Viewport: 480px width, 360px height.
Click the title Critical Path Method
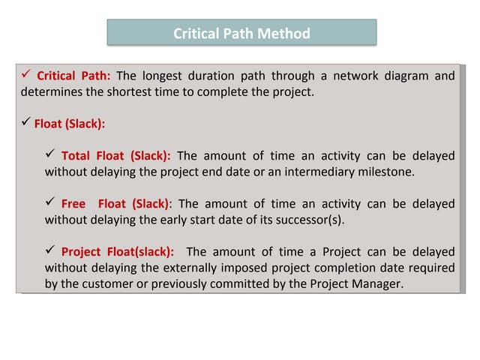[241, 33]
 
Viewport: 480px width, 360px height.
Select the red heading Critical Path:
[73, 76]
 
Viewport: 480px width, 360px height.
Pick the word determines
[50, 92]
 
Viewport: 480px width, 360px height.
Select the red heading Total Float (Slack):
[115, 156]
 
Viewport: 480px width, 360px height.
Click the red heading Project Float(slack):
[117, 252]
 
